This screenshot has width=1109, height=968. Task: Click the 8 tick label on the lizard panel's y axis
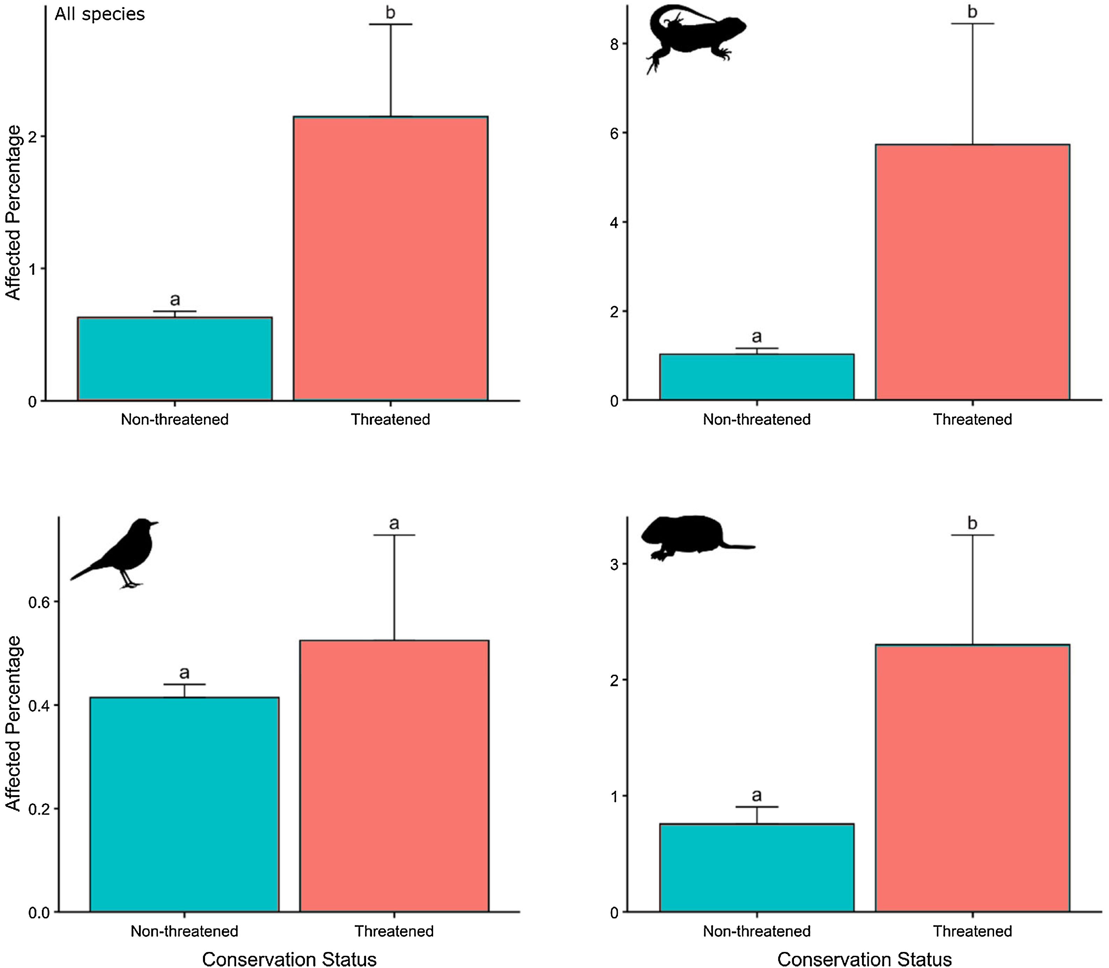614,44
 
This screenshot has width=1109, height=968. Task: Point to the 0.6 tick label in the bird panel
38,602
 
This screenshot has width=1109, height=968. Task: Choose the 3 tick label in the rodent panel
614,564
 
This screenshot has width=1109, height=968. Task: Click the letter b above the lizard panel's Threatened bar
972,12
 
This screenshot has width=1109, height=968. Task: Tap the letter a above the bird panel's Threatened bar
394,523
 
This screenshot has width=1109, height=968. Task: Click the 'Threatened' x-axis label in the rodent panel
972,931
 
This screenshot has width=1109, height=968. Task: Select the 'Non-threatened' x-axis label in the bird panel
184,931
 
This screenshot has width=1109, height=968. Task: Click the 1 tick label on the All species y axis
32,269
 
